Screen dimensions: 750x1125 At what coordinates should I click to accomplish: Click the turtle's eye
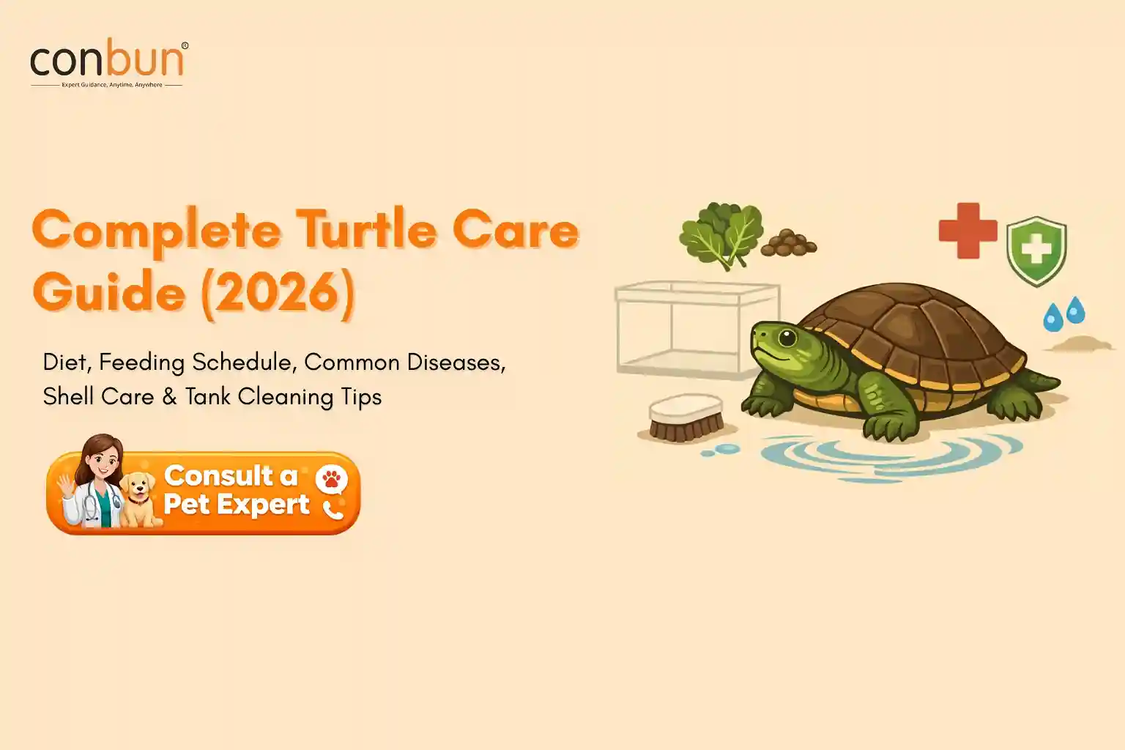coord(787,338)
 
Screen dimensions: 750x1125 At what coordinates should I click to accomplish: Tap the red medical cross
coord(968,231)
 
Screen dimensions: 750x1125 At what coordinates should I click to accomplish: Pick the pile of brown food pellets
coord(789,244)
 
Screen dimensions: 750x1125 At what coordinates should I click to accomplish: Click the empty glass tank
coord(697,329)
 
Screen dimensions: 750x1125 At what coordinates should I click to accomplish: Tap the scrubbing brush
coord(686,418)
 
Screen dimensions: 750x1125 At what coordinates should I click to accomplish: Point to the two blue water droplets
coord(1064,313)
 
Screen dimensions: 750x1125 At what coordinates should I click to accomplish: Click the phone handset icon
coord(333,509)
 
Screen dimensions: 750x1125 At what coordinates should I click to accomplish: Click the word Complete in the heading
coord(156,231)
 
